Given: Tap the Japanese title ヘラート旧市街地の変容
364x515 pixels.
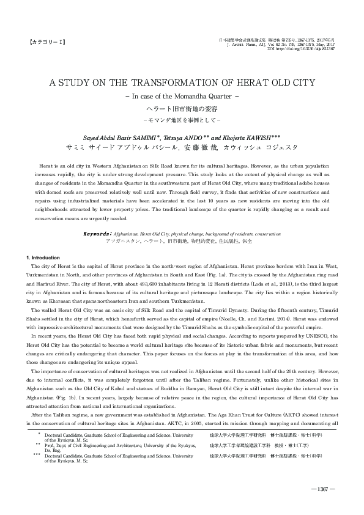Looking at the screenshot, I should tap(182, 108).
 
